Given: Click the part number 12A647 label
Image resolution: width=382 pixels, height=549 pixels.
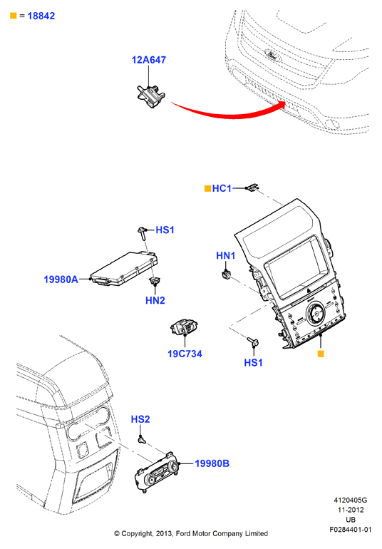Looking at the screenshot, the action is [148, 60].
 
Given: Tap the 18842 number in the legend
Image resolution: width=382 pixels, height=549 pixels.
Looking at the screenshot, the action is [41, 16].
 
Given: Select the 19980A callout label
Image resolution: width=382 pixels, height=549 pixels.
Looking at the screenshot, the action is [61, 279].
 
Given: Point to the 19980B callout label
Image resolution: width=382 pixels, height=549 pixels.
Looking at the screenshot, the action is [212, 463].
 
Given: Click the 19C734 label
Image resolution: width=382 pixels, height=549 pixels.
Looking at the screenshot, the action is [185, 354].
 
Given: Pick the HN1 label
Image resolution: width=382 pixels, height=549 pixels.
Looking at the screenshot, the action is [226, 255].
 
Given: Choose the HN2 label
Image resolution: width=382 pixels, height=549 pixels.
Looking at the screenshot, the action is [155, 300].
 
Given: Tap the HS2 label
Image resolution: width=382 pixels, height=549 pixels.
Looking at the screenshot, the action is [140, 419].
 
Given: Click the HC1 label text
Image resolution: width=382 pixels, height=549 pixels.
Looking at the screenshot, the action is [222, 188].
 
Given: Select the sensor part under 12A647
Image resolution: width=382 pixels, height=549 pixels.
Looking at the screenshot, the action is [151, 96].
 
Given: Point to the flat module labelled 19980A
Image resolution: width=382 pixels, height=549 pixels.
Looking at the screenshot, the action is [124, 269].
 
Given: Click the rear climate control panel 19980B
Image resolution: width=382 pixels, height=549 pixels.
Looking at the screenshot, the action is [156, 472].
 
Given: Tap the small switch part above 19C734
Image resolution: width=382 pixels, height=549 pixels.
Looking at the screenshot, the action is [184, 327].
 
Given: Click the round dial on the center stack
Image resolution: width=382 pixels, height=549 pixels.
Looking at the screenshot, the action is [316, 313].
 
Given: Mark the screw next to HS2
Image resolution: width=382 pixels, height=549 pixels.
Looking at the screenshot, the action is [141, 438].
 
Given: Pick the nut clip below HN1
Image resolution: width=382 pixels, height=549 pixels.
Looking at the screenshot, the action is [227, 274].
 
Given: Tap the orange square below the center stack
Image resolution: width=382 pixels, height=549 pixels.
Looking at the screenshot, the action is [321, 354].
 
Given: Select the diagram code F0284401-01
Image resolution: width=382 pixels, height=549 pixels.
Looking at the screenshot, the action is [350, 529].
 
